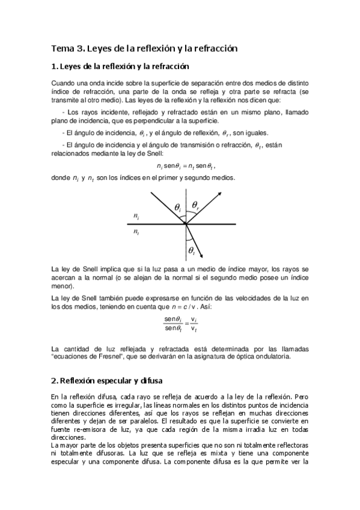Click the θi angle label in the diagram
point(178,207)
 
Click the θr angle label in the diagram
point(195,205)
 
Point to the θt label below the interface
point(191,250)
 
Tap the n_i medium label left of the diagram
point(137,215)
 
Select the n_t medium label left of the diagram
point(137,232)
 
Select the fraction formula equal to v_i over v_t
point(180,323)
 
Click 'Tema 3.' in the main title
point(67,48)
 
